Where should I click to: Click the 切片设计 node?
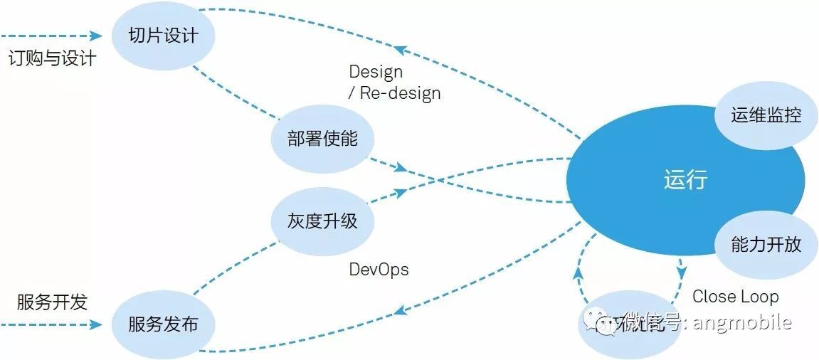163,35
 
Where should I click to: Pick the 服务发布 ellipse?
163,324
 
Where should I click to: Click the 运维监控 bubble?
766,115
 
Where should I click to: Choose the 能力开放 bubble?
766,244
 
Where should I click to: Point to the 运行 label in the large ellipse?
685,179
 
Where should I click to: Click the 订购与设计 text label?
52,58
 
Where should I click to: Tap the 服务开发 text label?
52,302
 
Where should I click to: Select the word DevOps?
379,270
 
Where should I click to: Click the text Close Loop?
735,296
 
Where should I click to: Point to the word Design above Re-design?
376,72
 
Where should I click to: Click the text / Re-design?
394,93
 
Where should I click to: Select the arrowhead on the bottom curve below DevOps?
401,309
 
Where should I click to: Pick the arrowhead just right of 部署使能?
401,168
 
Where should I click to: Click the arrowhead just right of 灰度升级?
401,192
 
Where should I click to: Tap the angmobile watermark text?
740,322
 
